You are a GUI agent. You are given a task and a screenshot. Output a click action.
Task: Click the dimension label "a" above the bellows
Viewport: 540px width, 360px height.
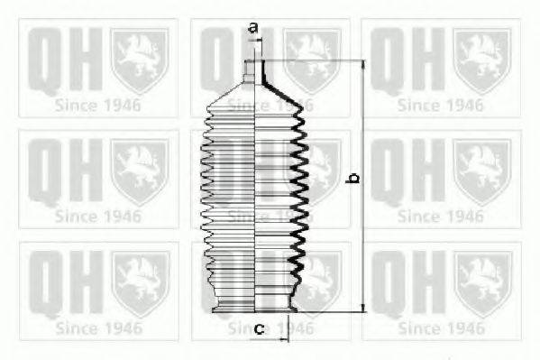tap(253, 28)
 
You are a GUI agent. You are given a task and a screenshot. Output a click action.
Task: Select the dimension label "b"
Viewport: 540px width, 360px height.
tap(354, 180)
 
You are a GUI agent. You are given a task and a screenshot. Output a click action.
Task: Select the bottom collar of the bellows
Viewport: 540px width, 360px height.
tap(256, 307)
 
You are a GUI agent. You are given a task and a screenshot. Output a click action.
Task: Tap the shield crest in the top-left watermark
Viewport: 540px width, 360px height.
tap(139, 61)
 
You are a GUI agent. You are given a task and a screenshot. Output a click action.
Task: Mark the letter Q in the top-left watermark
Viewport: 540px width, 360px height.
tap(44, 60)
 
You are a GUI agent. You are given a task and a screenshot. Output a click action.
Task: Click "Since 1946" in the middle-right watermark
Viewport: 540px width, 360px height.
tap(441, 216)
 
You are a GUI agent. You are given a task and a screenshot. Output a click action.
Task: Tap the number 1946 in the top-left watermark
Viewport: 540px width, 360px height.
tap(122, 104)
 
